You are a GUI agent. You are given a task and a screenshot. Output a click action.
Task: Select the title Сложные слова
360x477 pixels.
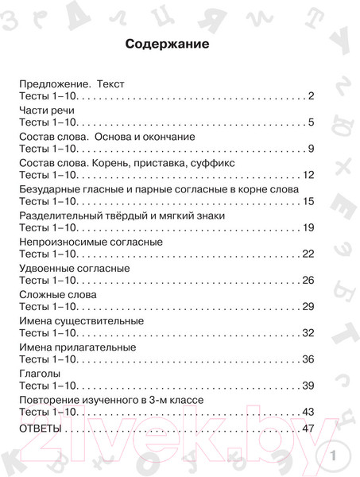(55, 294)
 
